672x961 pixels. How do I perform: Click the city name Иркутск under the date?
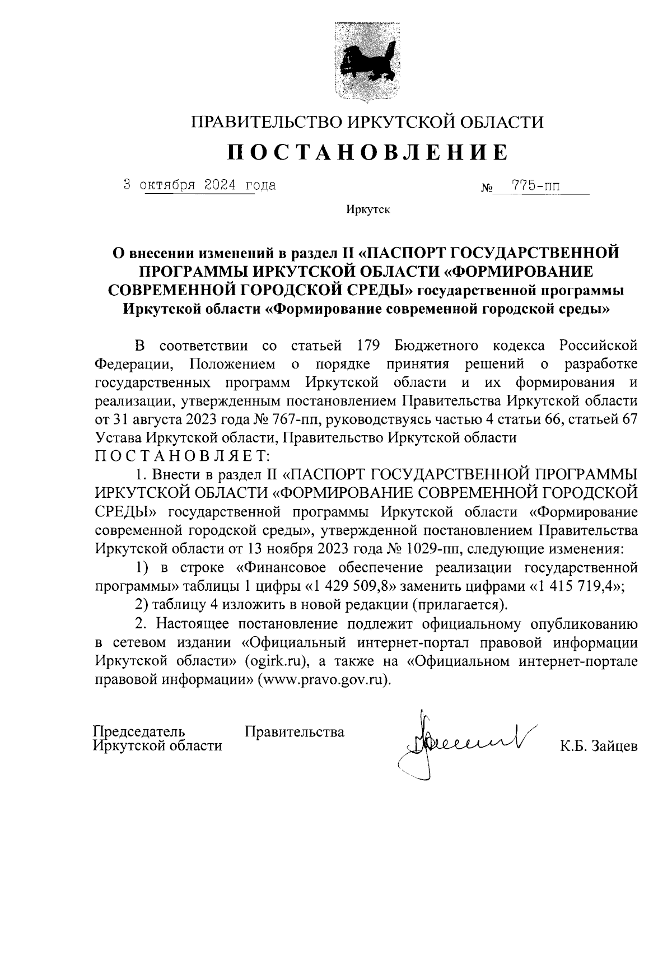[367, 210]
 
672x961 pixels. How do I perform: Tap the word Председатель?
[139, 731]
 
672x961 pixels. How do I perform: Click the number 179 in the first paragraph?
[369, 346]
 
